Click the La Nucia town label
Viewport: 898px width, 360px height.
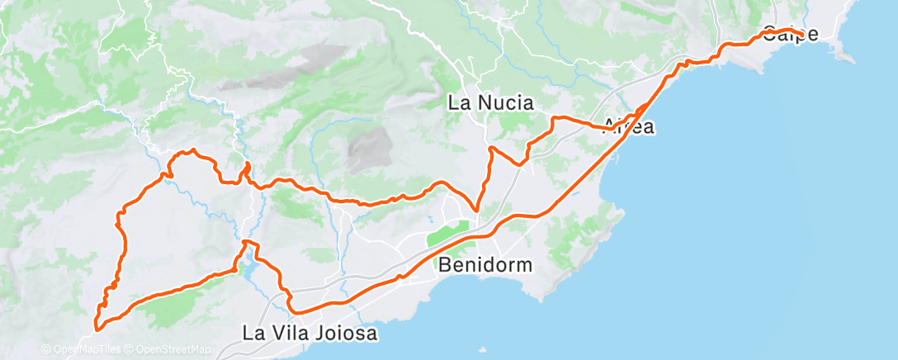[490, 103]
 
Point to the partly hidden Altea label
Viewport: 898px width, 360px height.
[630, 126]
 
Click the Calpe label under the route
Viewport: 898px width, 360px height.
[790, 35]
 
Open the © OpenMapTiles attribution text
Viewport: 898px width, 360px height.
[80, 349]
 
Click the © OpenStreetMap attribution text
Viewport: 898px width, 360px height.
[168, 349]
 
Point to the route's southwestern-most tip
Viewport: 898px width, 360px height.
[97, 329]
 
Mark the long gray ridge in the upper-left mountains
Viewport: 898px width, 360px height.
[281, 70]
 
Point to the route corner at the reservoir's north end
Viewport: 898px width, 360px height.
[246, 242]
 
